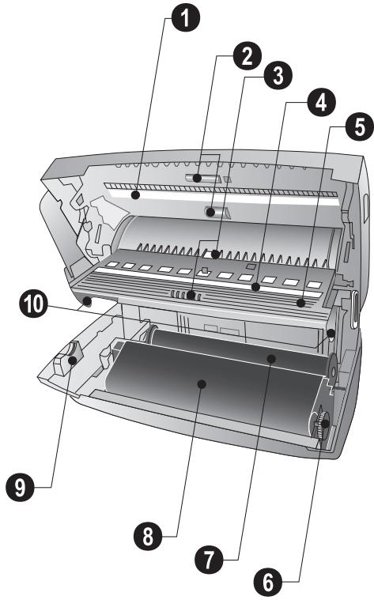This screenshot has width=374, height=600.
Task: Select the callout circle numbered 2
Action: pyautogui.click(x=247, y=56)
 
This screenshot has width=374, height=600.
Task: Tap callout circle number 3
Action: pyautogui.click(x=278, y=75)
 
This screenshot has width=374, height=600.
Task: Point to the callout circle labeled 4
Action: pyautogui.click(x=321, y=102)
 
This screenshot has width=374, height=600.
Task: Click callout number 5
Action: pyautogui.click(x=360, y=126)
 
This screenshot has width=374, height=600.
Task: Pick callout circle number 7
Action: pyautogui.click(x=209, y=560)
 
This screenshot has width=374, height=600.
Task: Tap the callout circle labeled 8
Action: pyautogui.click(x=148, y=536)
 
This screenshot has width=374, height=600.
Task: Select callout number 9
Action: pyautogui.click(x=20, y=487)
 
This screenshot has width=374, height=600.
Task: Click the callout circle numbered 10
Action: pyautogui.click(x=34, y=304)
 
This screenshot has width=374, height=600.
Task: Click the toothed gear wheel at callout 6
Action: pyautogui.click(x=321, y=424)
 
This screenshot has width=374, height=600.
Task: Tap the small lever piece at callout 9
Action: pyautogui.click(x=67, y=359)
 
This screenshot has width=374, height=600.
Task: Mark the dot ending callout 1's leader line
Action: pyautogui.click(x=134, y=195)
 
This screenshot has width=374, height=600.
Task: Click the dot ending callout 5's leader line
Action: pyautogui.click(x=301, y=303)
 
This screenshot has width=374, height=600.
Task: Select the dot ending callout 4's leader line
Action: pyautogui.click(x=255, y=287)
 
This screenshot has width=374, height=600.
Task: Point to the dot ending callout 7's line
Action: pyautogui.click(x=271, y=359)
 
